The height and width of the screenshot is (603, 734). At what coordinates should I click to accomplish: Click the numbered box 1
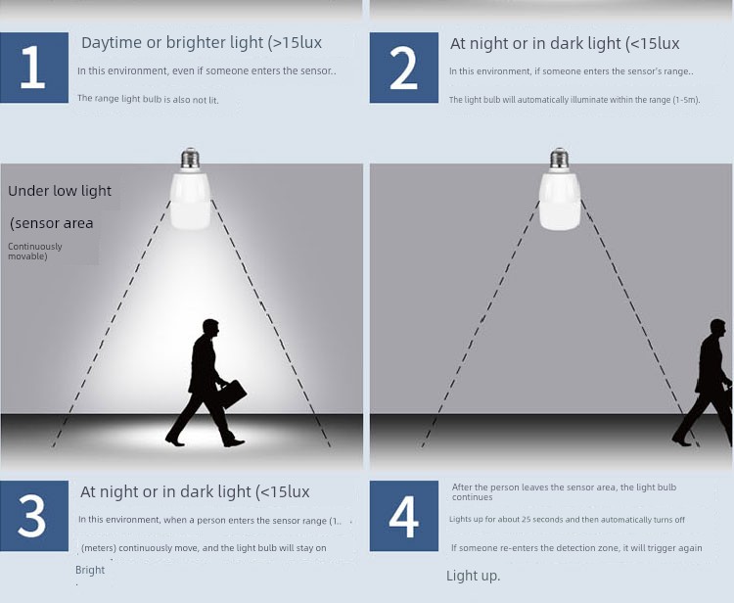point(34,68)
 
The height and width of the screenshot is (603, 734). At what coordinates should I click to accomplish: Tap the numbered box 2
point(404,68)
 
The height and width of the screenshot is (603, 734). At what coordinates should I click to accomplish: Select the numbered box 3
point(34,516)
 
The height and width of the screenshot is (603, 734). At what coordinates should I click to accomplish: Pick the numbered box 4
point(404,516)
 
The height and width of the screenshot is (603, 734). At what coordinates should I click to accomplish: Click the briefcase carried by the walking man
point(232,394)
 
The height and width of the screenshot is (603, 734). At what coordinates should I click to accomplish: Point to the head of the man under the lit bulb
point(210,327)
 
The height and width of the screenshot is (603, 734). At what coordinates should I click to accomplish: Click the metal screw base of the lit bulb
point(190,160)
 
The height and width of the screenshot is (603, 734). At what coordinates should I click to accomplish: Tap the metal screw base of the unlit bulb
point(560,160)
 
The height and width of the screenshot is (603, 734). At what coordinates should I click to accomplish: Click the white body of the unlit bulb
point(560,201)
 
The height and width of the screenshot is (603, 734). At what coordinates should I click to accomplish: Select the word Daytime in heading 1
point(112,43)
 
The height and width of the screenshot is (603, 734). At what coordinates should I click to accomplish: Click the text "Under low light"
point(60,191)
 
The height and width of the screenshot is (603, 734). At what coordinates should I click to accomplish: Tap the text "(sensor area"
point(52,223)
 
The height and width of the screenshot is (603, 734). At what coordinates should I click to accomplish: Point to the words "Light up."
point(474,576)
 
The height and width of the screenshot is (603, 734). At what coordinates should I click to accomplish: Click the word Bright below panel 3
point(90,571)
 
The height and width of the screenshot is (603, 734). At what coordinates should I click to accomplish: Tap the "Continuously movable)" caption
point(34,251)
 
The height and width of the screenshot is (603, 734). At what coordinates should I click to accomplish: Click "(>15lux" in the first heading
point(295,43)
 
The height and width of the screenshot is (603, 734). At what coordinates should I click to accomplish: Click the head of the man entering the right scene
point(717,327)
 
